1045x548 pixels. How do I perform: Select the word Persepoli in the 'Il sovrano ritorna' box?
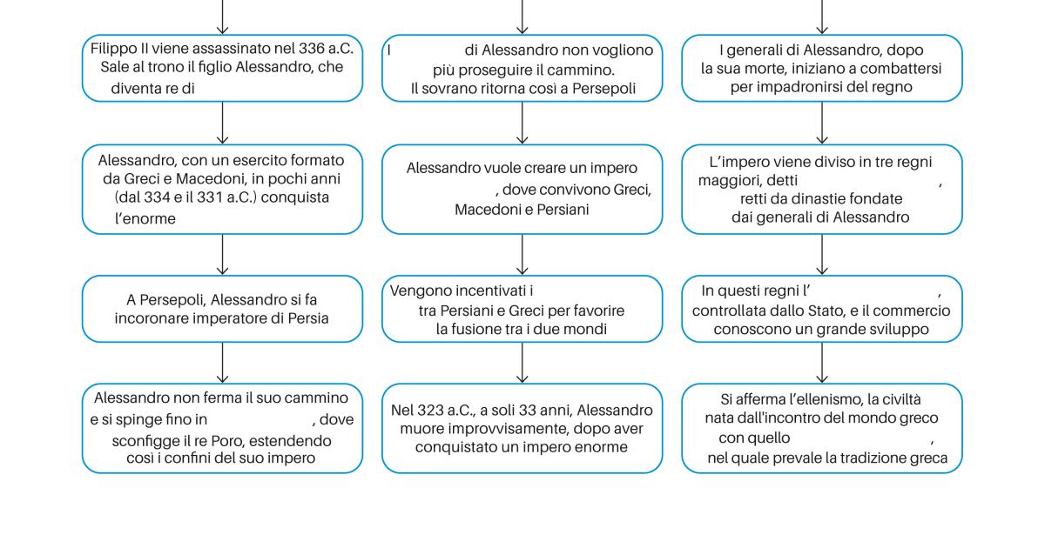click(x=603, y=89)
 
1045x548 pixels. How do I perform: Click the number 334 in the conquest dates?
click(x=157, y=197)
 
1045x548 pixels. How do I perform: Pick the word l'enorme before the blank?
click(x=145, y=218)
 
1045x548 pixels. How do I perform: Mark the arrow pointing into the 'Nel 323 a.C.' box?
click(x=522, y=363)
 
